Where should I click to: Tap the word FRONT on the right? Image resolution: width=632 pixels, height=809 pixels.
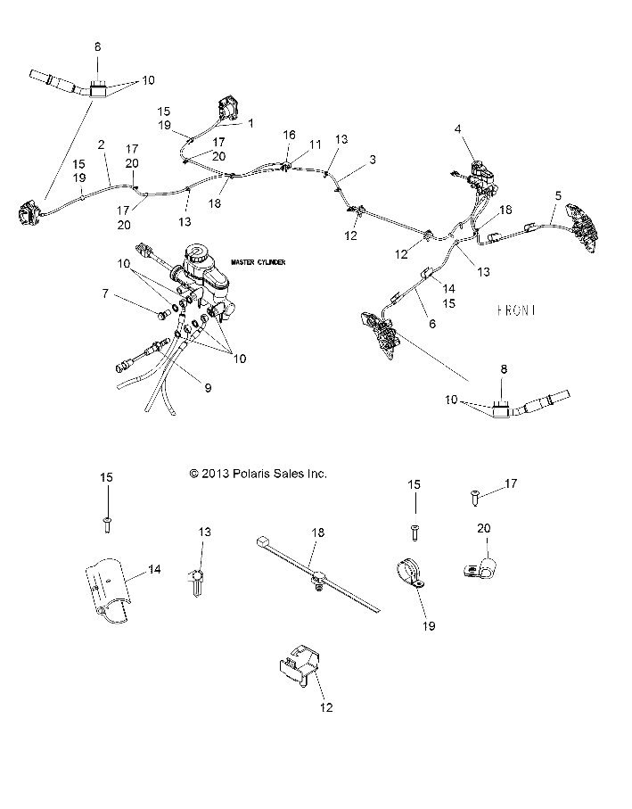(x=517, y=310)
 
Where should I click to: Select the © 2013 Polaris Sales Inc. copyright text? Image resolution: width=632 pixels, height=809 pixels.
(x=259, y=474)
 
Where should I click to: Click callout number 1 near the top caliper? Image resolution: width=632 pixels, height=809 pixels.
(x=251, y=124)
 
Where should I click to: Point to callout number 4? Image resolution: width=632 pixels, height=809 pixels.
(x=457, y=129)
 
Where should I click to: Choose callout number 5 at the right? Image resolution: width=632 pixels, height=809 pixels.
(x=558, y=194)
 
